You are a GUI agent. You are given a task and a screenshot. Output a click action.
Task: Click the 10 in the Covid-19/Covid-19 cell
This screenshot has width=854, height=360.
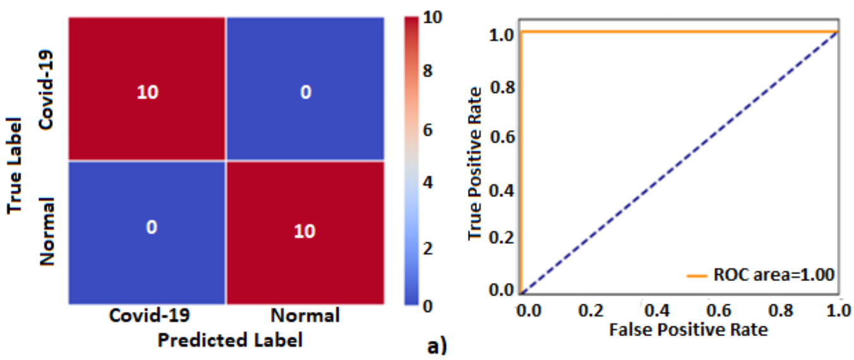pyautogui.click(x=147, y=92)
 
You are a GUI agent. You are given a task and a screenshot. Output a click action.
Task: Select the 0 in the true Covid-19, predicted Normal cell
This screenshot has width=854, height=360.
pyautogui.click(x=305, y=92)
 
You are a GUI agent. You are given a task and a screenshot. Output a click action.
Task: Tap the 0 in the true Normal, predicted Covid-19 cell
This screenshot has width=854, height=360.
pyautogui.click(x=151, y=227)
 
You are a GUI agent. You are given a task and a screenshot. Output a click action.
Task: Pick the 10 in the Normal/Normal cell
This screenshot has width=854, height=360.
pyautogui.click(x=304, y=231)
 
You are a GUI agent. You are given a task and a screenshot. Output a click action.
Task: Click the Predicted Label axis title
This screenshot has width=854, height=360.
pyautogui.click(x=230, y=340)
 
